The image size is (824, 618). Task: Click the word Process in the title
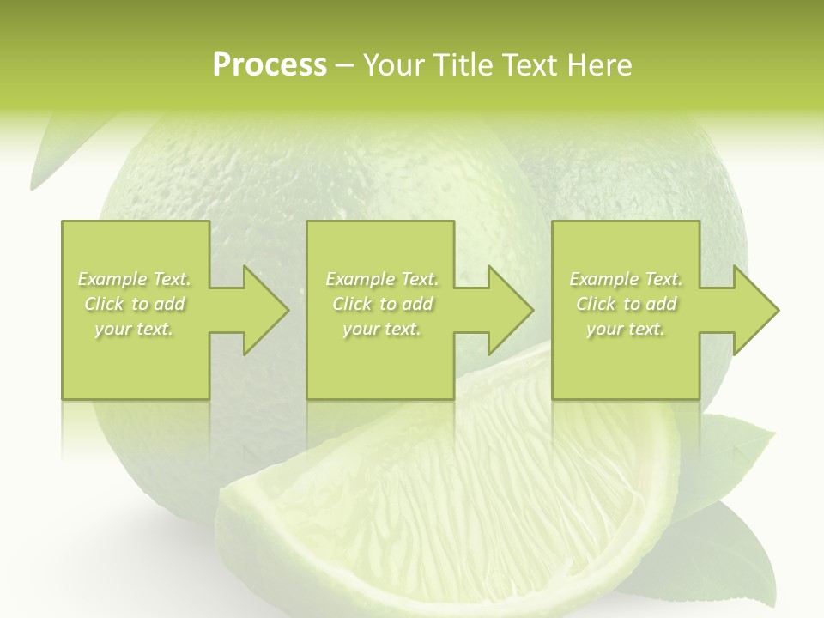(270, 65)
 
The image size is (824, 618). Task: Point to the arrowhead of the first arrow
(266, 310)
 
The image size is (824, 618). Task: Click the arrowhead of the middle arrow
(511, 310)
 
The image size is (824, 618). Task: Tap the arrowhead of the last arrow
(756, 310)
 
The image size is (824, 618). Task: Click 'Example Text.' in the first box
(134, 279)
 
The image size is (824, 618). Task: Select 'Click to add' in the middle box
(382, 304)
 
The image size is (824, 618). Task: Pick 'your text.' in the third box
(626, 329)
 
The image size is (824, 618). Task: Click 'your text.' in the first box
(134, 329)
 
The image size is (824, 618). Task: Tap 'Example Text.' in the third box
(626, 279)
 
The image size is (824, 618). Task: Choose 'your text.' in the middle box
(382, 329)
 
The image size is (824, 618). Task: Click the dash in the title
(345, 65)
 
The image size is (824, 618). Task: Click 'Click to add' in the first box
(134, 304)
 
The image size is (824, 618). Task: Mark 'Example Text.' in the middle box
(382, 279)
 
